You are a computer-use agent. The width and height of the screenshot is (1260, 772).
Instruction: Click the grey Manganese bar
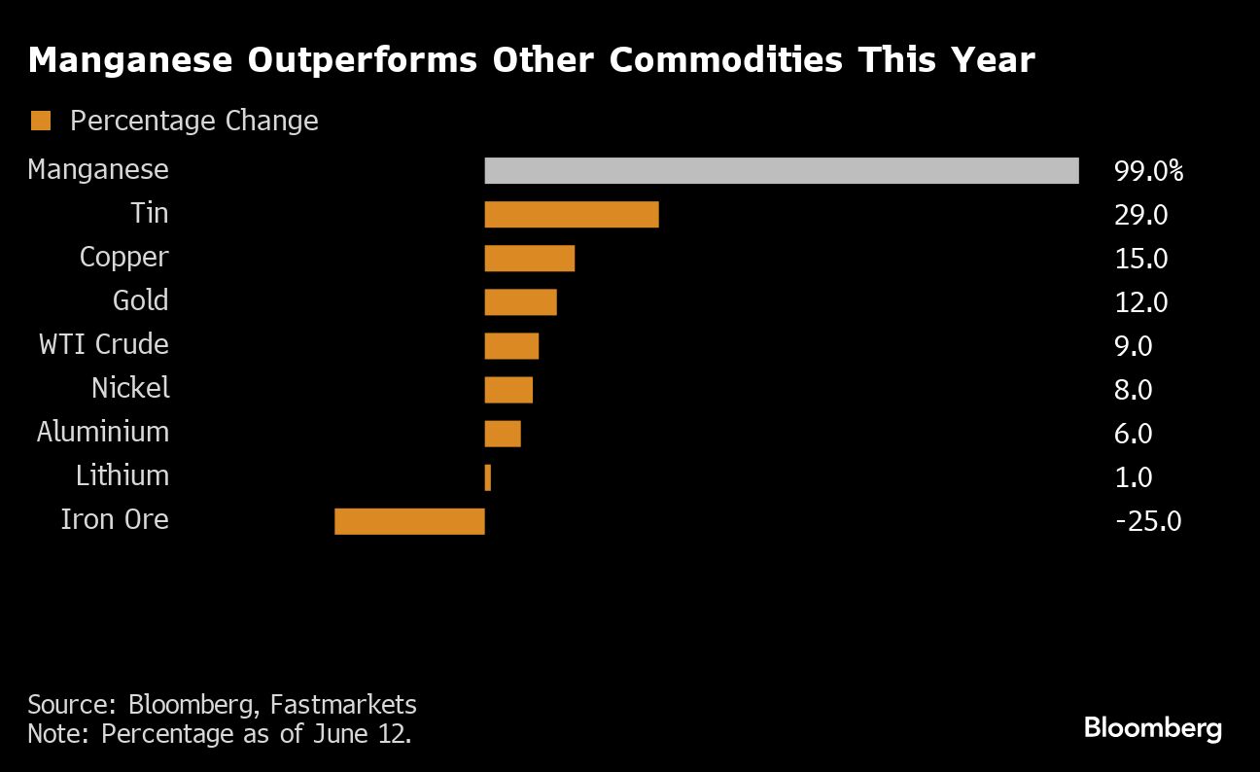point(782,170)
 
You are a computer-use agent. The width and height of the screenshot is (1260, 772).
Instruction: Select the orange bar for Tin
point(572,214)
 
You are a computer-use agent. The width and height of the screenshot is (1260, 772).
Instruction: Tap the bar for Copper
point(530,258)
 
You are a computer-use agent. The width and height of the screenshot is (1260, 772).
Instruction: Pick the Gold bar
point(520,301)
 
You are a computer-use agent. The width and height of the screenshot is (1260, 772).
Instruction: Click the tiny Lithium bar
point(487,477)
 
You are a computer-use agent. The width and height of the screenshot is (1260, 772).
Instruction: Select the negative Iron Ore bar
point(409,521)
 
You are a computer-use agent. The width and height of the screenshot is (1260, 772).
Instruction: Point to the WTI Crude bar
point(511,345)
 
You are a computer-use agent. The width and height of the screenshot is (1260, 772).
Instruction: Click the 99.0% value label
point(1148,172)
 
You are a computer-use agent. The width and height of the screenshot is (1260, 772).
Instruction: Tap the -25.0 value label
point(1148,522)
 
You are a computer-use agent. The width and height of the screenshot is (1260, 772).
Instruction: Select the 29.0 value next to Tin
point(1140,215)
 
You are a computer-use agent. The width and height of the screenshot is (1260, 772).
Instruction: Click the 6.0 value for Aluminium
point(1133,434)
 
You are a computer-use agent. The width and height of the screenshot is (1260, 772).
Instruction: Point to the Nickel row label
point(130,388)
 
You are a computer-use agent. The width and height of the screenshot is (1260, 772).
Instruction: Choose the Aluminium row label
point(103,432)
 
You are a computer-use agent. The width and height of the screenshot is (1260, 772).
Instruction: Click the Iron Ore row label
point(115,519)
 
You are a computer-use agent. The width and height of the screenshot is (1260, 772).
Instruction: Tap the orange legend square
point(41,121)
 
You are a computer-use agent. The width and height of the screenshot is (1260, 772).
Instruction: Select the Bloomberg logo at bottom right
point(1152,727)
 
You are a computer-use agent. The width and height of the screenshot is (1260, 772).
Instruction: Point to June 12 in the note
point(368,733)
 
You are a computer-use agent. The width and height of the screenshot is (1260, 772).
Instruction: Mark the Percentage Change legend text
point(194,121)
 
